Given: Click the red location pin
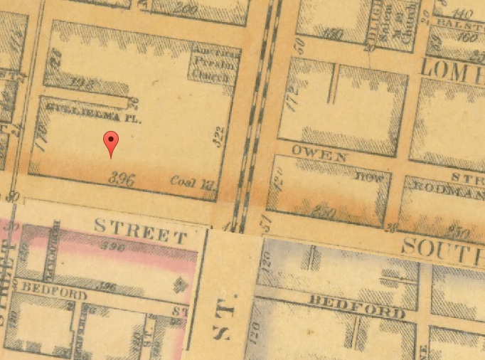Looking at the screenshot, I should pyautogui.click(x=110, y=142).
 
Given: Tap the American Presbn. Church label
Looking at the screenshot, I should pyautogui.click(x=215, y=63).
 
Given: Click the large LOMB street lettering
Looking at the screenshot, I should pyautogui.click(x=452, y=68).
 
